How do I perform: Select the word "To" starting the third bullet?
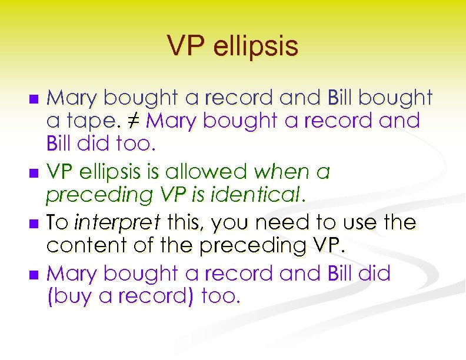click(57, 223)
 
